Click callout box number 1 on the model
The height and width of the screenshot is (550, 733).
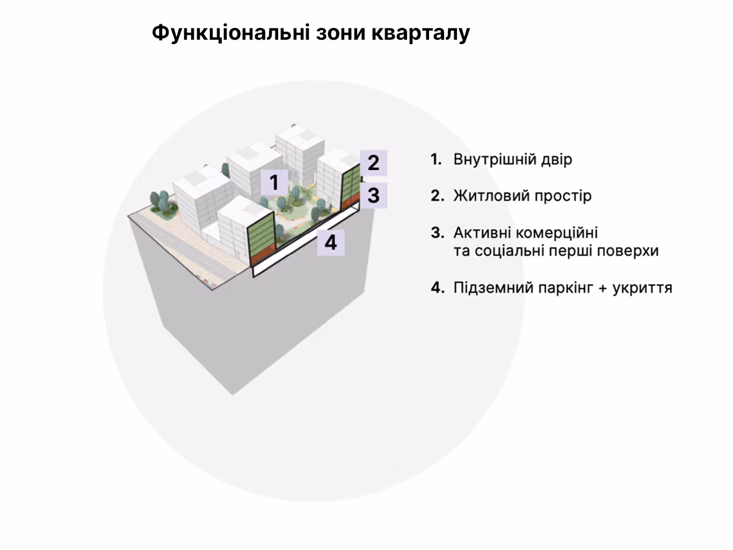pyautogui.click(x=274, y=182)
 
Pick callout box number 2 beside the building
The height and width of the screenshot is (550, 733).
pyautogui.click(x=373, y=162)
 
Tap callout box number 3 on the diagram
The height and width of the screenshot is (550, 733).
pyautogui.click(x=373, y=195)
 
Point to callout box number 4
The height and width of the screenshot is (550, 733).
pyautogui.click(x=330, y=242)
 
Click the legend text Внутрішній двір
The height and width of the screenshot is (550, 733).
pyautogui.click(x=512, y=160)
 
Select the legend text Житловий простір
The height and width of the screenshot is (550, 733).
pyautogui.click(x=522, y=196)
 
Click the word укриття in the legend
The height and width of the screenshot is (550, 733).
pyautogui.click(x=642, y=288)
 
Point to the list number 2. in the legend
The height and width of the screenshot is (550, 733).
pyautogui.click(x=437, y=196)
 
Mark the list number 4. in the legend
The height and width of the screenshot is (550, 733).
pyautogui.click(x=437, y=288)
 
